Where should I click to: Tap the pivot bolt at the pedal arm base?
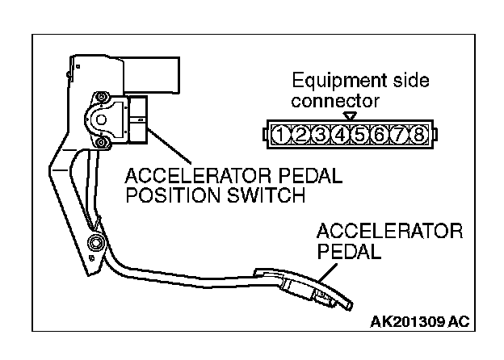96,244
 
